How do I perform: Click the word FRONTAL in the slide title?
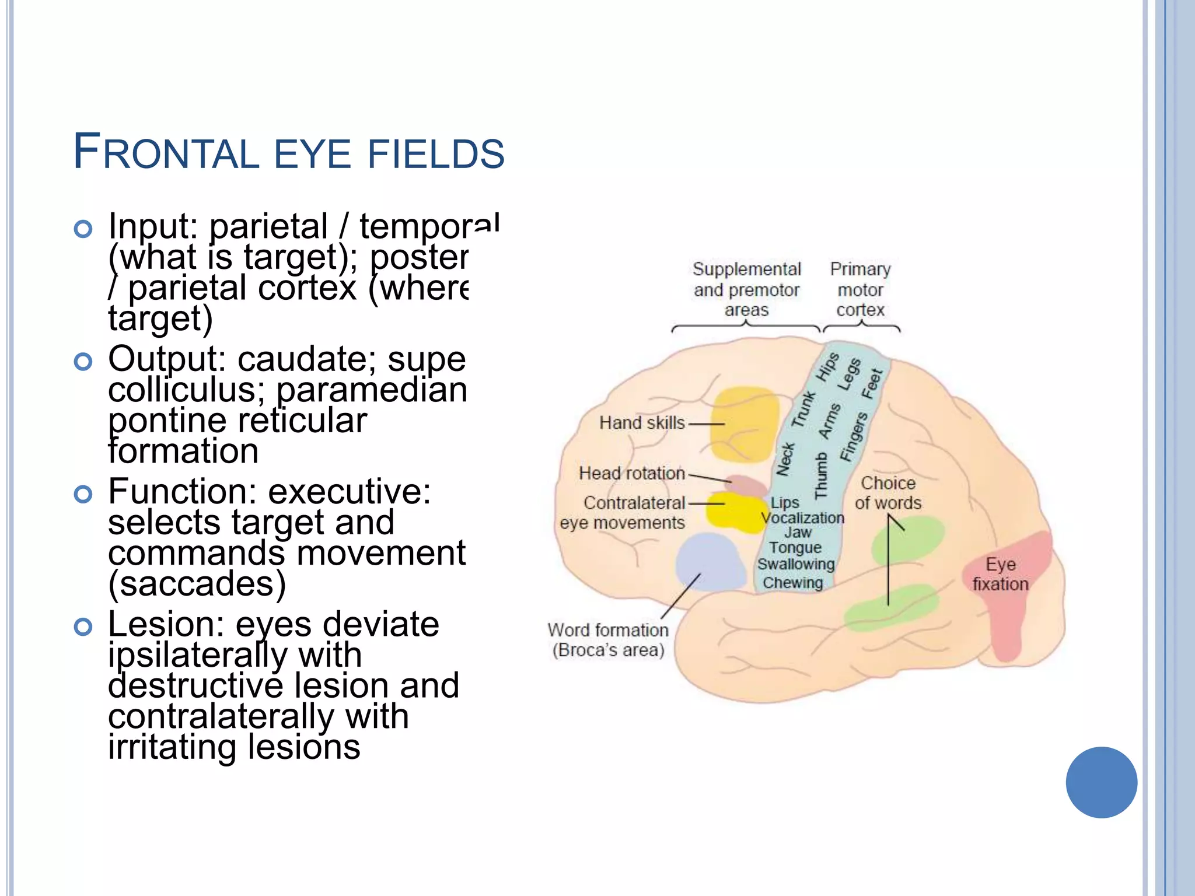pos(166,153)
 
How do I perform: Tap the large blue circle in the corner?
pos(1101,782)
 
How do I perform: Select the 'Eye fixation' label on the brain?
pos(1000,574)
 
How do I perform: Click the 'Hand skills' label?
pos(642,422)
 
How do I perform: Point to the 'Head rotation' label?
pos(631,473)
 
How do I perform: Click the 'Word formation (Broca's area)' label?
pos(608,640)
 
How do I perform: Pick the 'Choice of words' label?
pos(888,493)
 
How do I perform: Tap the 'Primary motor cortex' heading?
pos(861,289)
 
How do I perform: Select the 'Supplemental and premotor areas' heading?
pos(746,289)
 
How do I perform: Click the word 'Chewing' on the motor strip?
pos(793,583)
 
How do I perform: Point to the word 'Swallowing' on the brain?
pos(796,564)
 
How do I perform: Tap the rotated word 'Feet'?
pos(873,383)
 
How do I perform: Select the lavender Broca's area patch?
pos(709,560)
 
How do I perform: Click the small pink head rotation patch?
pos(747,485)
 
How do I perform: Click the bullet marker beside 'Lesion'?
pos(83,627)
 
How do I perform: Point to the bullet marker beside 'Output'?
pos(83,362)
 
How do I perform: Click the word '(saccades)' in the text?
pos(197,583)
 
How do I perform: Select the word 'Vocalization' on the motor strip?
pos(803,518)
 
